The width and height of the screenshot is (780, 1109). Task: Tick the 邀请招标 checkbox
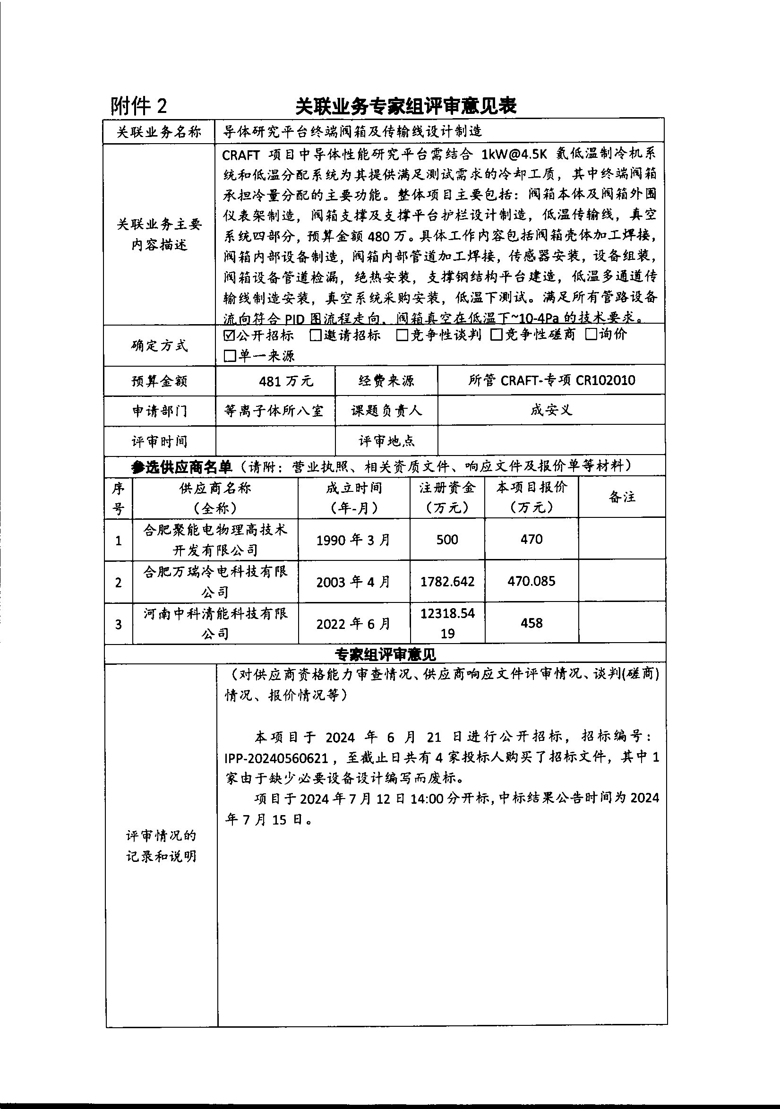tap(316, 335)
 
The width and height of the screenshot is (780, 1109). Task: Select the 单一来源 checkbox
tap(230, 356)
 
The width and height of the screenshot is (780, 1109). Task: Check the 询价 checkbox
tap(591, 334)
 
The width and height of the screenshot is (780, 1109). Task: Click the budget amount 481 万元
tap(286, 381)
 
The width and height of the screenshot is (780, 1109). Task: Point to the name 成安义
tap(551, 411)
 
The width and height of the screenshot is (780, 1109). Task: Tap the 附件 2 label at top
tap(139, 106)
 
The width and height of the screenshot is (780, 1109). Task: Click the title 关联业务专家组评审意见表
tap(406, 106)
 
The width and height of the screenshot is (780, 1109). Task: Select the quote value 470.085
tap(531, 581)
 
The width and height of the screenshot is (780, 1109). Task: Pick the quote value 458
tap(531, 623)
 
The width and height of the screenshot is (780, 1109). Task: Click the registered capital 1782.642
tap(447, 582)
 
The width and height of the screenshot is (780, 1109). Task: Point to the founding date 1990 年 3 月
tap(353, 540)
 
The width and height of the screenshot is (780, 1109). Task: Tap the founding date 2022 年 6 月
tap(353, 624)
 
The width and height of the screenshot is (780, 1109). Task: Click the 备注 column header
tap(622, 497)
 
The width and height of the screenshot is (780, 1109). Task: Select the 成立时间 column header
tap(353, 488)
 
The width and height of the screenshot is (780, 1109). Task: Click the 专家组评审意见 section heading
tap(386, 655)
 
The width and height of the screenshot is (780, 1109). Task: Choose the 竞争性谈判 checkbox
tap(402, 335)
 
